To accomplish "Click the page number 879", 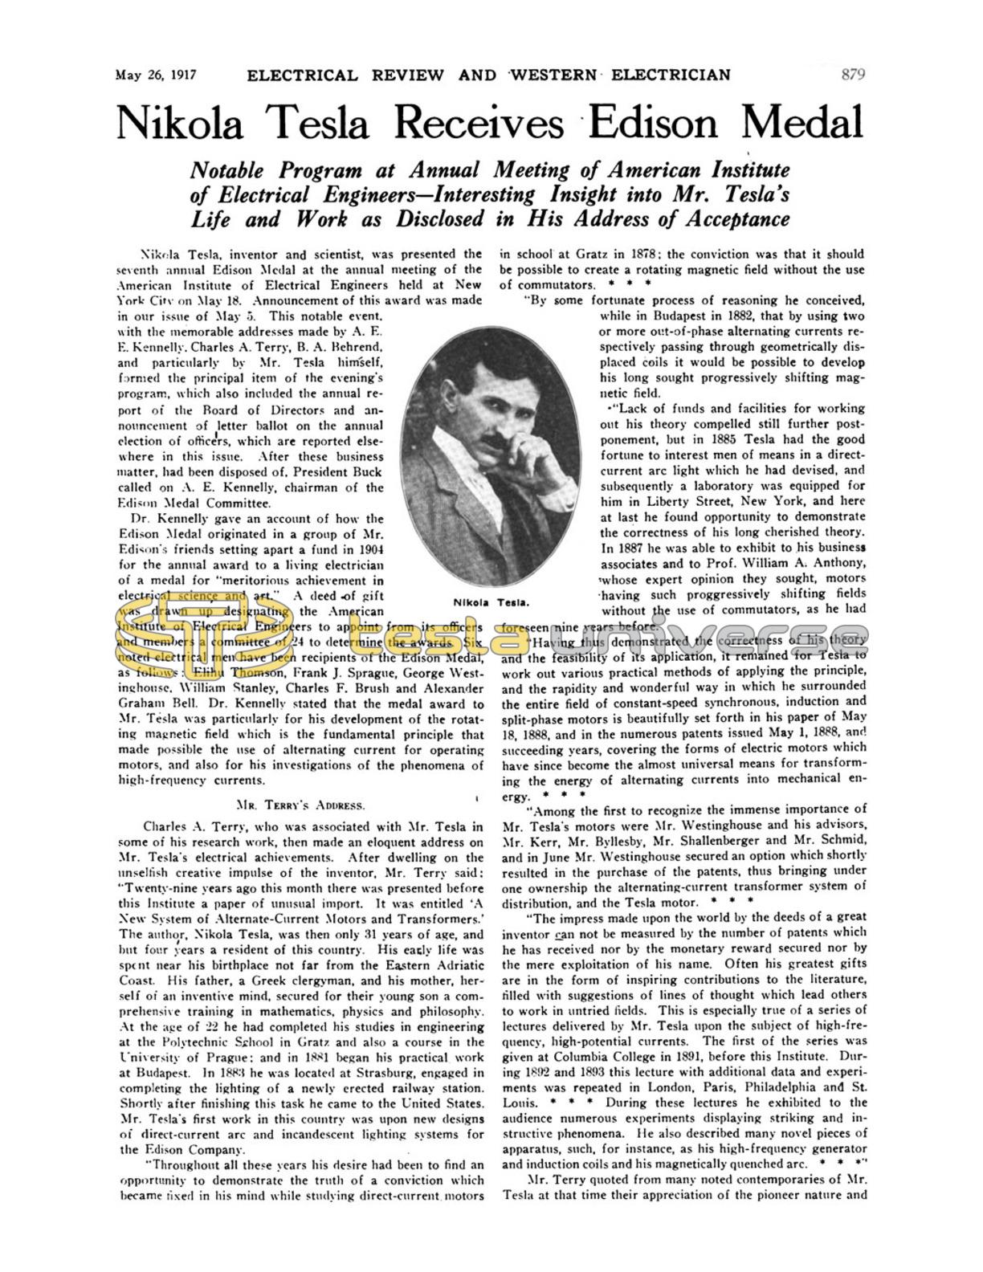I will click(x=852, y=75).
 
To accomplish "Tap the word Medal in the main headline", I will click(x=801, y=121).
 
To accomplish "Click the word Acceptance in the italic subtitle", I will click(x=731, y=219).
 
